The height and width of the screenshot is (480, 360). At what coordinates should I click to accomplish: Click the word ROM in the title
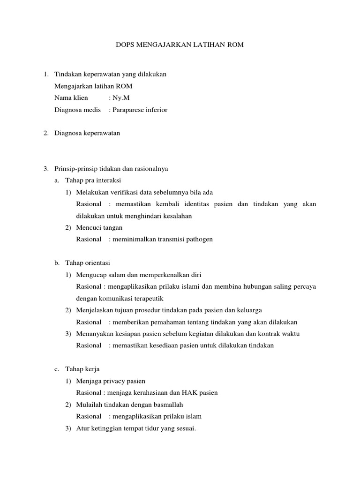coord(236,45)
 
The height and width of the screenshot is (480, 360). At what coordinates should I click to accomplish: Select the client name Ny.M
coord(118,98)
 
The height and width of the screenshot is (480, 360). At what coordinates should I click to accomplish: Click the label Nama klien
coord(71,98)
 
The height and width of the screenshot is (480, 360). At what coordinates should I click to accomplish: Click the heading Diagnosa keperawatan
coord(87,133)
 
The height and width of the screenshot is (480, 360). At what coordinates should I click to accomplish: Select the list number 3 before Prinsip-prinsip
coord(45,168)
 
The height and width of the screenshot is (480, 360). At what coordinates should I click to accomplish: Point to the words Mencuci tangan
coord(99,227)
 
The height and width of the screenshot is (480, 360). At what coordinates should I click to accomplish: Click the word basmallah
coord(166,404)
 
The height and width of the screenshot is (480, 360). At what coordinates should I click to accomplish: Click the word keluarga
coord(249,310)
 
